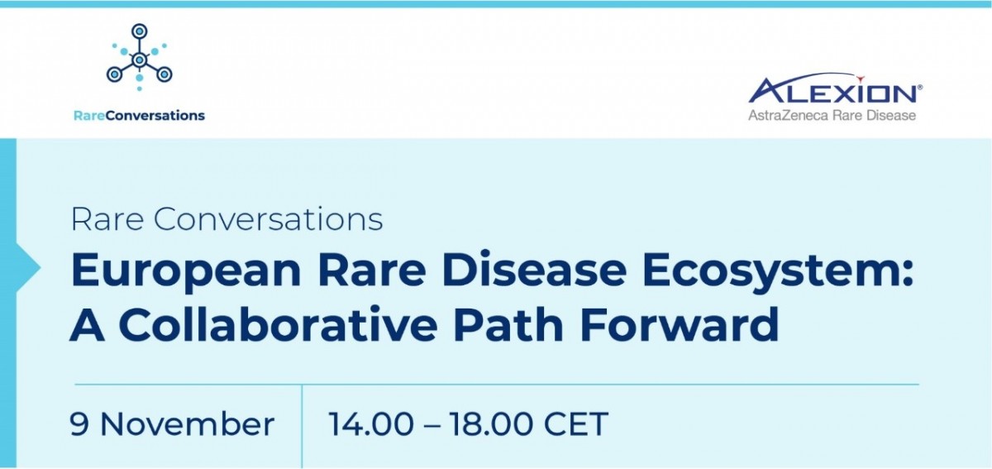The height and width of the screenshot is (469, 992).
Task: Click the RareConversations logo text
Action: (x=139, y=116)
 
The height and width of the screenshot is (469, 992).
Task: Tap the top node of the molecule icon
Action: (x=140, y=31)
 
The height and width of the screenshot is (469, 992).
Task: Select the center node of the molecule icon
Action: (x=140, y=60)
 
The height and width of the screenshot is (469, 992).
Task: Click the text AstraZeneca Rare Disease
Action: (x=832, y=116)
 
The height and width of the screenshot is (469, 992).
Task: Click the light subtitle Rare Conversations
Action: (x=227, y=219)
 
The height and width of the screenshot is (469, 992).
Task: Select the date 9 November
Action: (x=172, y=424)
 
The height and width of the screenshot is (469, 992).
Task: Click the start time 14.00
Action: (x=371, y=424)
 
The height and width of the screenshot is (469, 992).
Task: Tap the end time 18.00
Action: (x=491, y=424)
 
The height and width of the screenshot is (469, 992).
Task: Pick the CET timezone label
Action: (x=575, y=424)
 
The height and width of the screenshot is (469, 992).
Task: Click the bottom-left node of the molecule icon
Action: (x=114, y=74)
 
